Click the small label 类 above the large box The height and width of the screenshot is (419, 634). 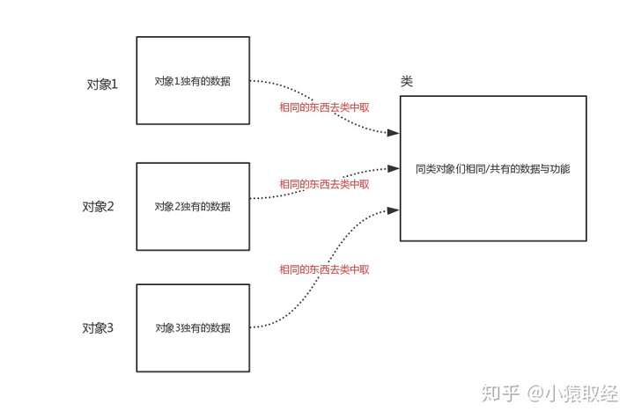pyautogui.click(x=407, y=81)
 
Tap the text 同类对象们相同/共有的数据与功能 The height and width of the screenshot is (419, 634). pyautogui.click(x=492, y=167)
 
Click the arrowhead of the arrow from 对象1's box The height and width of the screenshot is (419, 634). pyautogui.click(x=395, y=133)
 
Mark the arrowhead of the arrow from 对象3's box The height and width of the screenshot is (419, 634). pyautogui.click(x=395, y=209)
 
